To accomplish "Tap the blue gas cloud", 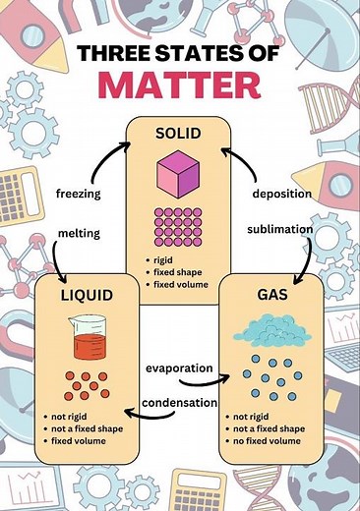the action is pos(277,332).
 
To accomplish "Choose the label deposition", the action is pos(281,194).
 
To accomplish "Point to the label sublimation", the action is pos(279,228).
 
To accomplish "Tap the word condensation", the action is pos(180,404).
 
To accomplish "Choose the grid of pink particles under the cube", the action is pos(180,227).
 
